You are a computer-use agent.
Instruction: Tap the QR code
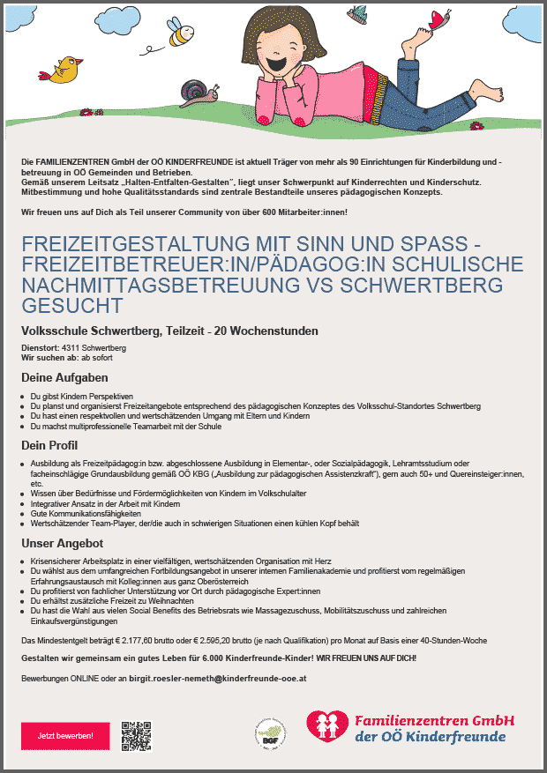pos(136,735)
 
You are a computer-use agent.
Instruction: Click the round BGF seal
pos(269,731)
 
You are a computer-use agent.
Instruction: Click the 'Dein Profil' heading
pos(49,445)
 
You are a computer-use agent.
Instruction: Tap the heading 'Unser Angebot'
pos(63,543)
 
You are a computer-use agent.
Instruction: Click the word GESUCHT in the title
pos(72,306)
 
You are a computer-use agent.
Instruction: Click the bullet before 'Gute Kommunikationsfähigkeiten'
pos(22,514)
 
